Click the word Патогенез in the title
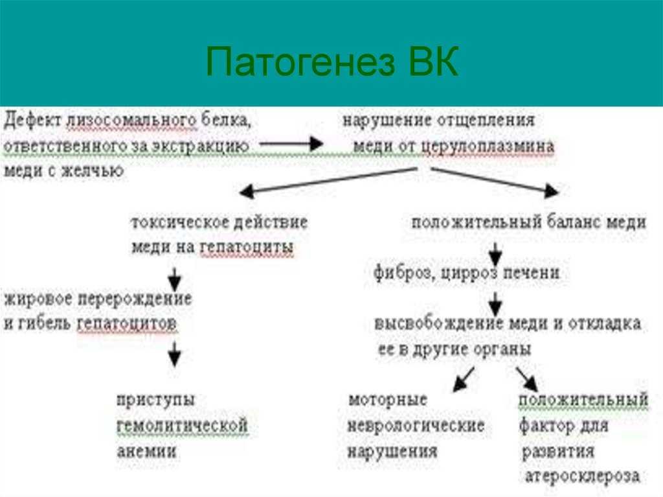(x=300, y=62)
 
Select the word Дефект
(x=32, y=121)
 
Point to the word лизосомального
(x=131, y=121)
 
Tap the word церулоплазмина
(x=488, y=146)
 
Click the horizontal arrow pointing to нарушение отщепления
(x=291, y=143)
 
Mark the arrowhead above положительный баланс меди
(x=552, y=191)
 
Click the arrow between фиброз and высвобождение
(x=495, y=303)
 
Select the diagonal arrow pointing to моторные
(x=464, y=379)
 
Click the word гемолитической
(x=182, y=426)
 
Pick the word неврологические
(x=416, y=426)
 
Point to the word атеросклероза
(x=582, y=476)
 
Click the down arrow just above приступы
(x=175, y=354)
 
